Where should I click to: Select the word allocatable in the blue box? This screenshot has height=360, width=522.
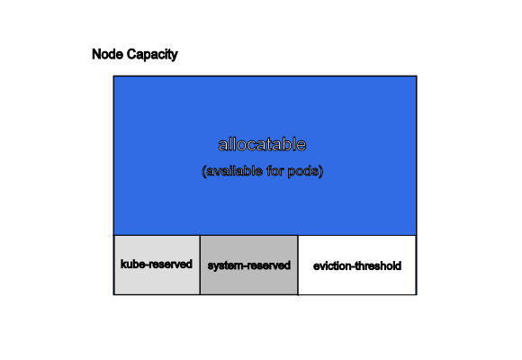pos(262,145)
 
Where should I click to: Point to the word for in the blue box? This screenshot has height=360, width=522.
pos(275,171)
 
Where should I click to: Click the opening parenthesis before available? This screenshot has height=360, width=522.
pos(203,171)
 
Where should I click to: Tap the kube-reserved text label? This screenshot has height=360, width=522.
pos(157,264)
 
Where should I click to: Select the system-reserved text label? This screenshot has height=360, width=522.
pos(249,265)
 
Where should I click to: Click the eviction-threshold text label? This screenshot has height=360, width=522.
pos(357,266)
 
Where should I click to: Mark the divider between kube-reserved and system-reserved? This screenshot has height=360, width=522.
pos(200,265)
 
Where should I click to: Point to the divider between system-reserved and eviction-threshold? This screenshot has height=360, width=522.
pos(298,265)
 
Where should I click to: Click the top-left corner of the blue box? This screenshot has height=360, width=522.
pos(114,76)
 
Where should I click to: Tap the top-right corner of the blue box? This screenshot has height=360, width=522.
pos(417,76)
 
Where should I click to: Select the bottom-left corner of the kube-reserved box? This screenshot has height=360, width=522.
pos(114,294)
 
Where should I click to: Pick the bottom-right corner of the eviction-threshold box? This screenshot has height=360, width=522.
pos(417,294)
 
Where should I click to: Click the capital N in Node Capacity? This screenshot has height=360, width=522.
pos(96,54)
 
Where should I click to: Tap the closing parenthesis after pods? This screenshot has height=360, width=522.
pos(320,171)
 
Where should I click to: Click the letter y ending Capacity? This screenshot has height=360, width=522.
pos(175,57)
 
